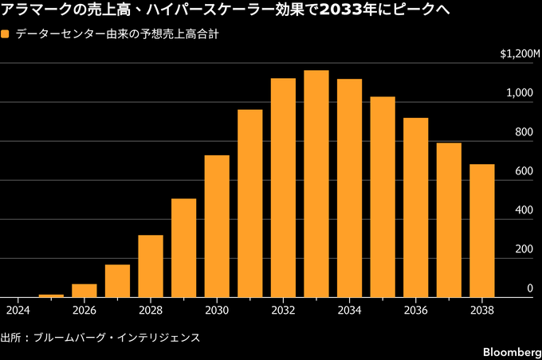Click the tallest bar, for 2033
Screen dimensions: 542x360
[316, 184]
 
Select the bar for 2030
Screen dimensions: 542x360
[217, 226]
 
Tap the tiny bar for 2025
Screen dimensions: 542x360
[51, 295]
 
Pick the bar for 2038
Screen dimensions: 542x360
[482, 231]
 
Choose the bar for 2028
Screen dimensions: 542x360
[151, 266]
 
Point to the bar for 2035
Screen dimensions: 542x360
[383, 197]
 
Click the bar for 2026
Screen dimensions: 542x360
[84, 291]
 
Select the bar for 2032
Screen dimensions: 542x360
[283, 188]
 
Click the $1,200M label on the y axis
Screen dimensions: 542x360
[520, 54]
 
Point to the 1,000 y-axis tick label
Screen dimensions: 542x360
[520, 92]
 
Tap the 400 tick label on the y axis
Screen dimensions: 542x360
[524, 210]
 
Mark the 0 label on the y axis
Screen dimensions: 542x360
[530, 288]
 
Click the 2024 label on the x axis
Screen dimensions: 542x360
[18, 311]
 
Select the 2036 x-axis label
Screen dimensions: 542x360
[416, 311]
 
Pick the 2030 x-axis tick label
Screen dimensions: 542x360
[217, 311]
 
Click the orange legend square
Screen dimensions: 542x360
[5, 34]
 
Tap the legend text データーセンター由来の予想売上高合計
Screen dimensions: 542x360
[117, 34]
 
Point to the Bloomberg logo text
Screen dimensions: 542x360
[512, 352]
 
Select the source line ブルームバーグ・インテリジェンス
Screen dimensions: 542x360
[116, 338]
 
